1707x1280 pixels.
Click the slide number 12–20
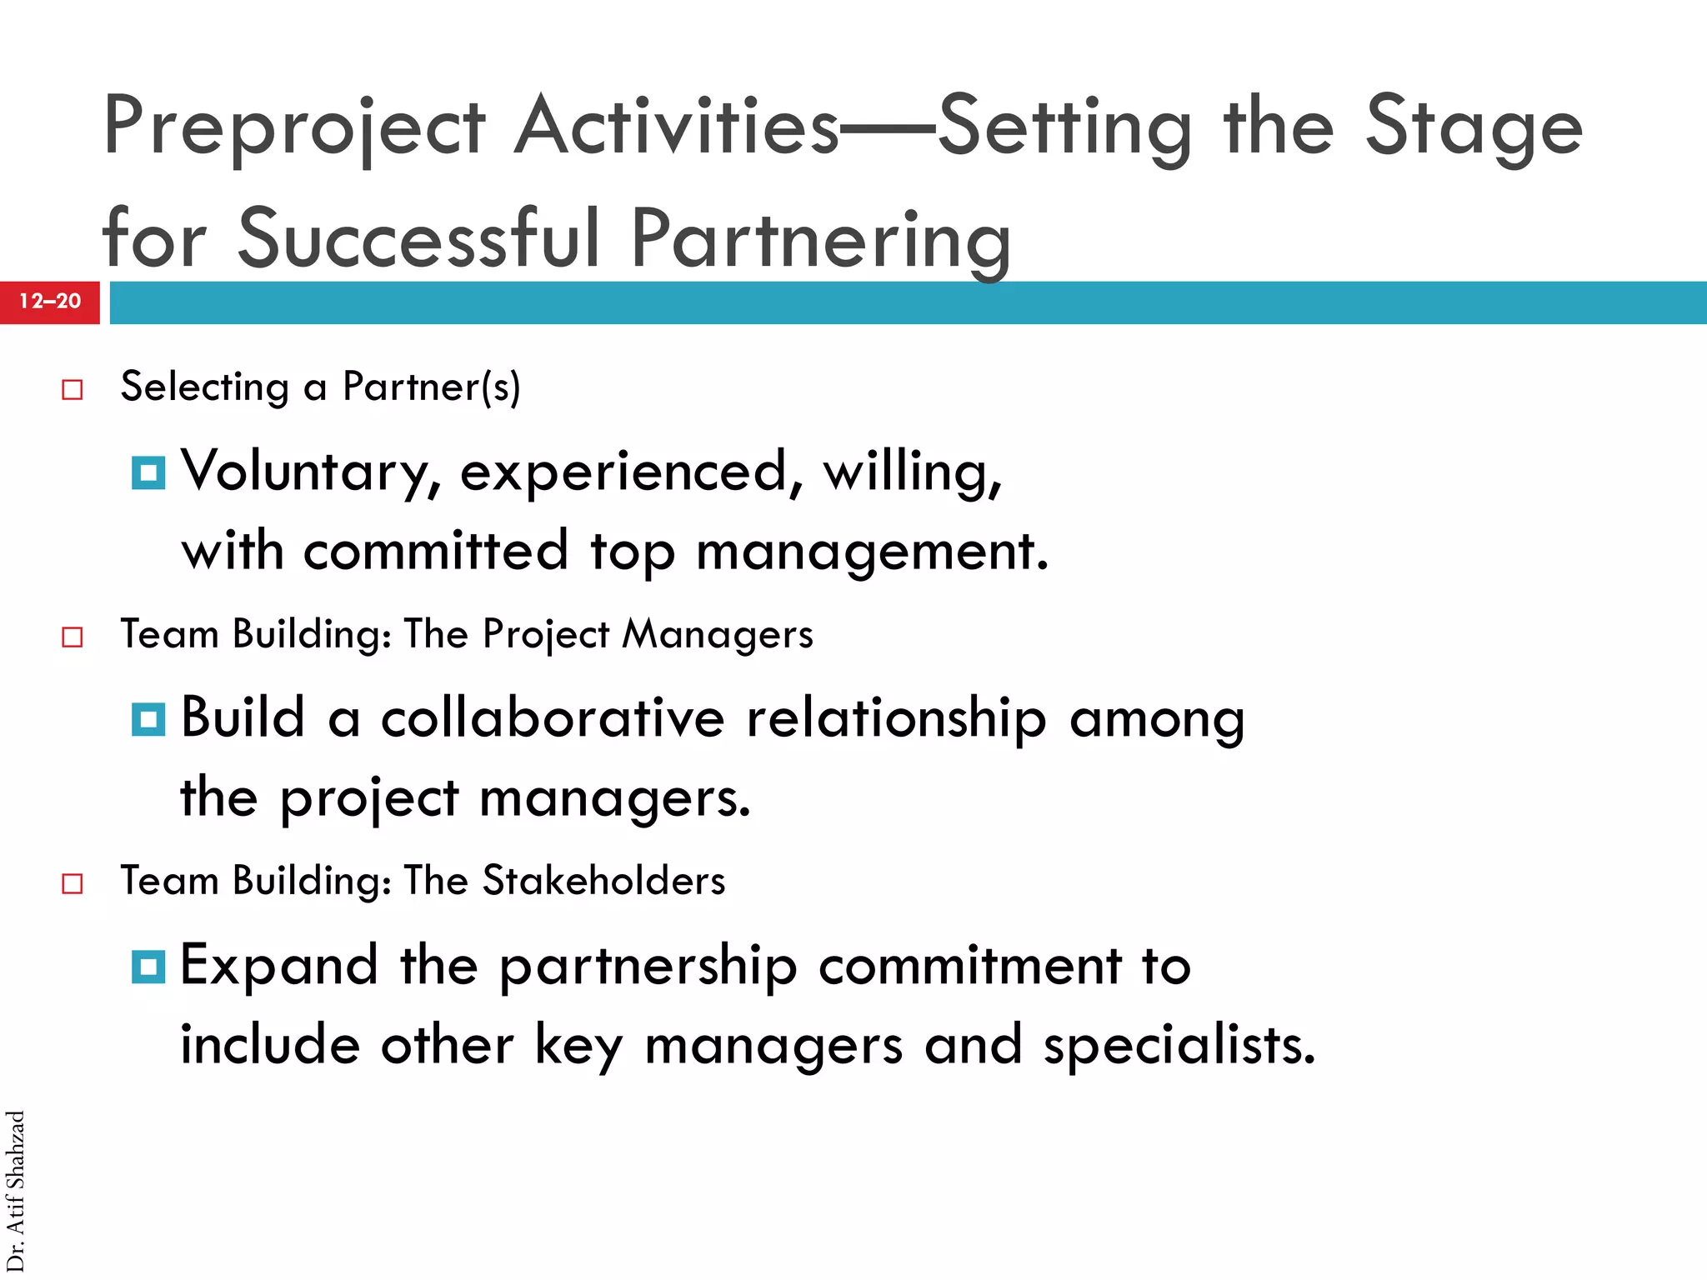click(50, 301)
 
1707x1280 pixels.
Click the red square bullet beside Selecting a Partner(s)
click(73, 389)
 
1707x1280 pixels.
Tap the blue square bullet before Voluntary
click(148, 472)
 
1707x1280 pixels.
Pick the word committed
click(435, 551)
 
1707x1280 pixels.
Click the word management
click(871, 552)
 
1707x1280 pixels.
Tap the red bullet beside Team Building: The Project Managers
click(73, 637)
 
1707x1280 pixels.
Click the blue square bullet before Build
click(148, 718)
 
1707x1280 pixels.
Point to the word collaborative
click(553, 717)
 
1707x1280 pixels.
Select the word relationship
click(896, 719)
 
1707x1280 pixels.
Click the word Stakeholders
click(603, 881)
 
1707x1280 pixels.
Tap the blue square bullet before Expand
click(148, 966)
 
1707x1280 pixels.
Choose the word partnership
click(648, 967)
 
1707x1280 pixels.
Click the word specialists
click(1179, 1046)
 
